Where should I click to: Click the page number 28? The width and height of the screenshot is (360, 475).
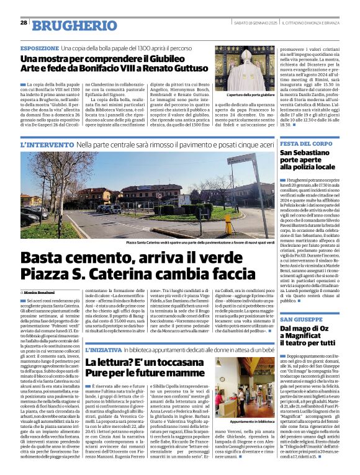pyautogui.click(x=24, y=22)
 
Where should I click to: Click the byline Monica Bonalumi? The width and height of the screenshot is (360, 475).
pyautogui.click(x=40, y=291)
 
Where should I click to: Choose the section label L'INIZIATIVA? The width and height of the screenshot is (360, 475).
pyautogui.click(x=104, y=350)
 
